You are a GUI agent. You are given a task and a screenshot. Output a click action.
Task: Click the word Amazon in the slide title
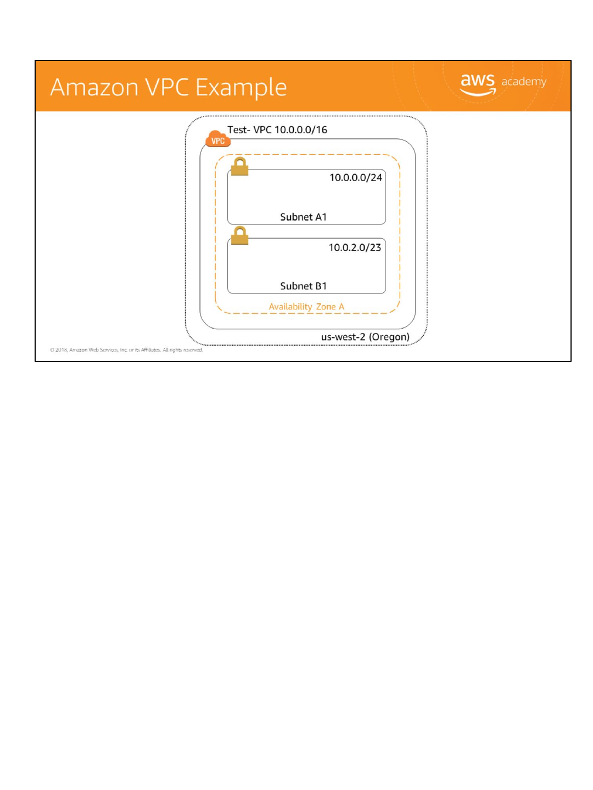coord(94,88)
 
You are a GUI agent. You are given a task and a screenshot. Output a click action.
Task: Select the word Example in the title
coord(241,88)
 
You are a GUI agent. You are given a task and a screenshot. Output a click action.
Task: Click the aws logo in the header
coord(477,84)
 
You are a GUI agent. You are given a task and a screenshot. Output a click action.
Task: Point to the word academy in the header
coord(524,82)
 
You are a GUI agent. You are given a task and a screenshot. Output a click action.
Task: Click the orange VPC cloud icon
coord(217,139)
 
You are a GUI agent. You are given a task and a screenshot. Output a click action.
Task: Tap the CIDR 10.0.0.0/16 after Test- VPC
coord(301,130)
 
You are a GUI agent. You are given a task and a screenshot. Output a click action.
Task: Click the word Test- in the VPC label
coord(239,130)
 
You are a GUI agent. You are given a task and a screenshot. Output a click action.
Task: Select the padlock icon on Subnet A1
coord(239,166)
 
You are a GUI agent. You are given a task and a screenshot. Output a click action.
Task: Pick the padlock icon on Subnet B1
coord(239,235)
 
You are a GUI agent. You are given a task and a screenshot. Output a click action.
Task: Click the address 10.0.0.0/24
coord(355,178)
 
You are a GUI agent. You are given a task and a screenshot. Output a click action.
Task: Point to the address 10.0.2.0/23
coord(355,247)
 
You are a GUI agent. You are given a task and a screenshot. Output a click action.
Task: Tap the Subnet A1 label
coord(303,217)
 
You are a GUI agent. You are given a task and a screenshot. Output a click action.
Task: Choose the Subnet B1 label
coord(303,286)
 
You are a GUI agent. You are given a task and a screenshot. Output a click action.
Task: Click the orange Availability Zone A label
coord(306,307)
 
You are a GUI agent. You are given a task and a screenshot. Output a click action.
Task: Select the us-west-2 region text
coord(343,337)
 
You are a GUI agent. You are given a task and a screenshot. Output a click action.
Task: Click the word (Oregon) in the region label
coord(389,337)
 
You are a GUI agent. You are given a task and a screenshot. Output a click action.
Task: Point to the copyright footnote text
coord(126,350)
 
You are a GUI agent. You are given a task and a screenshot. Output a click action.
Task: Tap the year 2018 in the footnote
coord(61,350)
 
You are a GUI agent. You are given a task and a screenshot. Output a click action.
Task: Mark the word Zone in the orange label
coord(326,307)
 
